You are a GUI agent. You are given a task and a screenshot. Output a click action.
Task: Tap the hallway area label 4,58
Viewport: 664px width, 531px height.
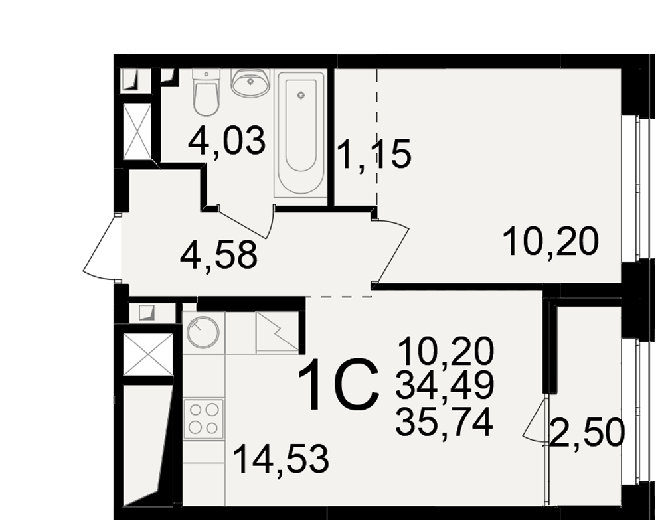(x=218, y=256)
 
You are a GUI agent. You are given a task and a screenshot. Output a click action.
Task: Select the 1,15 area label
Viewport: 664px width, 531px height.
(x=374, y=154)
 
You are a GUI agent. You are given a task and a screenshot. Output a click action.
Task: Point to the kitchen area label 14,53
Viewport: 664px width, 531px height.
(x=281, y=459)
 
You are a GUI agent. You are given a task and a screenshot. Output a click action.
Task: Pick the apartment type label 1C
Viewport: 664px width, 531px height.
(x=339, y=385)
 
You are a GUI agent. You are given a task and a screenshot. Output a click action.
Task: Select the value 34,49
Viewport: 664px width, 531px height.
(x=445, y=386)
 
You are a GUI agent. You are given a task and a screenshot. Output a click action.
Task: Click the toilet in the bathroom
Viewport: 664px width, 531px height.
(x=207, y=92)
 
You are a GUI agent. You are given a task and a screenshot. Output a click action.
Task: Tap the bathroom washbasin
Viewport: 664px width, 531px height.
(x=250, y=82)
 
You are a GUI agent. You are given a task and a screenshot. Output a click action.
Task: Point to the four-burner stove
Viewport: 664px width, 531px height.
(x=204, y=419)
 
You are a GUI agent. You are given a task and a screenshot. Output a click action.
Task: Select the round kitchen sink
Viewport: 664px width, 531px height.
(x=203, y=333)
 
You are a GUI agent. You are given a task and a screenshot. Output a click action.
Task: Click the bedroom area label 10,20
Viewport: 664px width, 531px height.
(x=551, y=242)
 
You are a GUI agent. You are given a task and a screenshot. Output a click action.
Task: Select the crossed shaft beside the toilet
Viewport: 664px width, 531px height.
(x=137, y=131)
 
